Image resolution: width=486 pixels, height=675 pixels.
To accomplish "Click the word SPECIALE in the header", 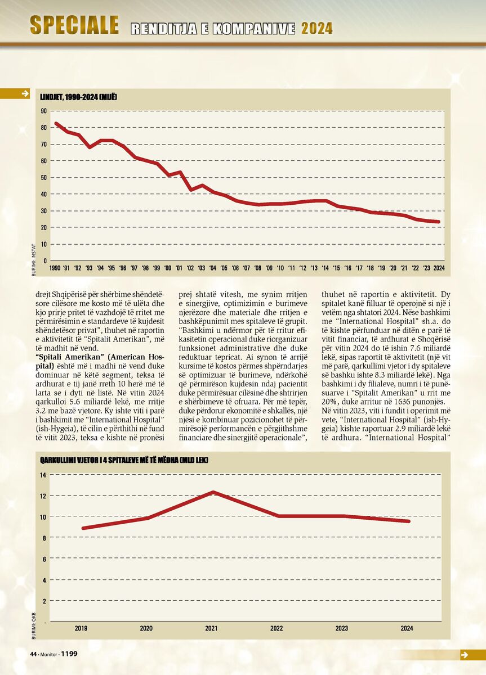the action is tap(74, 25).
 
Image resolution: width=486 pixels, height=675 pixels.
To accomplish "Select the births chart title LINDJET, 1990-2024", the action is tap(78, 97).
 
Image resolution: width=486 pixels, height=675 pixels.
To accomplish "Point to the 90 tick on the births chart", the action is tap(44, 111).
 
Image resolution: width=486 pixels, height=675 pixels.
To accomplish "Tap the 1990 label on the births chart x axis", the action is tap(55, 268).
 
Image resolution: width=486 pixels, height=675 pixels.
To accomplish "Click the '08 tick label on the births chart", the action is tap(258, 268).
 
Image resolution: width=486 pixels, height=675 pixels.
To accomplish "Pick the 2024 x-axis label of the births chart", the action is tap(439, 268).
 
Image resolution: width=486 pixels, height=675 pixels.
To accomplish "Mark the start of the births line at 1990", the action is tap(56, 124).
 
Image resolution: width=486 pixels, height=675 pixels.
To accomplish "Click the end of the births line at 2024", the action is tap(438, 222).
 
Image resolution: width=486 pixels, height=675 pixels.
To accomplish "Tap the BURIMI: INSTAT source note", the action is tap(33, 260).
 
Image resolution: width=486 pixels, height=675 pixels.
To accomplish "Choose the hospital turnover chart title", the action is tap(124, 460).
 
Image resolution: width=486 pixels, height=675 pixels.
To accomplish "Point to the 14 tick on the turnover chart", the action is tap(43, 475).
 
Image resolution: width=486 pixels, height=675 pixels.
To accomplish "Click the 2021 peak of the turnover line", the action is tap(213, 492).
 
